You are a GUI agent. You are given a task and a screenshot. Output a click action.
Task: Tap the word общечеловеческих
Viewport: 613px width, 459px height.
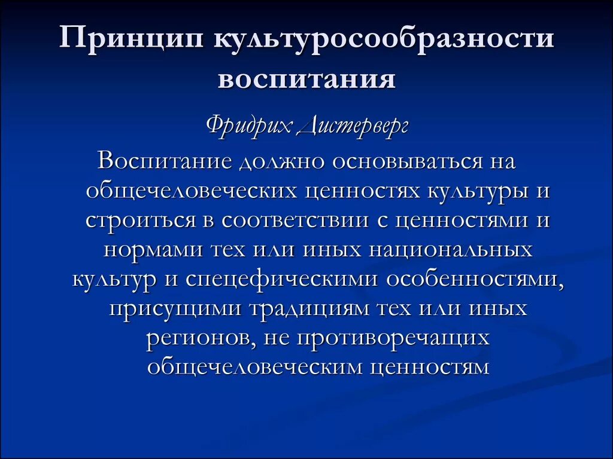point(192,191)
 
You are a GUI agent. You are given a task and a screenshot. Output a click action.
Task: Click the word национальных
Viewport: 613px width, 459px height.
point(450,249)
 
